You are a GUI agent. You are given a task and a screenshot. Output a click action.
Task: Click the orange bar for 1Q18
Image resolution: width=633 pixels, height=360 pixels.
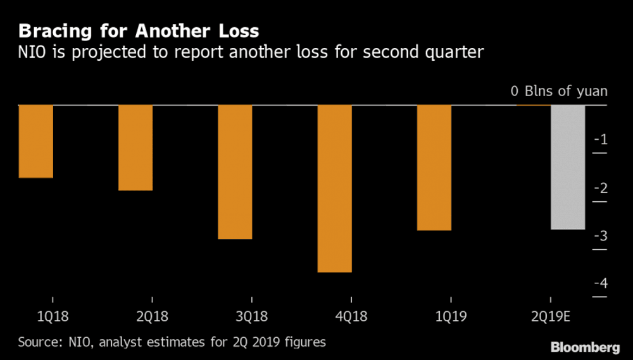35,141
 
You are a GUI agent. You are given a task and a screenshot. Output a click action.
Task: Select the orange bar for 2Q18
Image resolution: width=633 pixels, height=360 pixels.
135,147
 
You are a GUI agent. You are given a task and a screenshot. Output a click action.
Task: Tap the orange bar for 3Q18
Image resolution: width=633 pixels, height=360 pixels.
235,172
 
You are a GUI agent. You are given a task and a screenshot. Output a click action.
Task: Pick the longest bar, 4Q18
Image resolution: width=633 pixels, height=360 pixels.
334,189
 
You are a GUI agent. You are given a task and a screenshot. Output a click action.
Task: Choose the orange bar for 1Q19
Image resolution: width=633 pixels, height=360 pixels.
434,168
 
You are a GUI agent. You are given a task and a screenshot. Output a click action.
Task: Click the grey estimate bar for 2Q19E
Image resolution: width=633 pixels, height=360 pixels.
568,167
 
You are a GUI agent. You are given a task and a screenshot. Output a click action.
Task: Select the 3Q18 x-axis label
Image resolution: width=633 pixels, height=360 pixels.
251,316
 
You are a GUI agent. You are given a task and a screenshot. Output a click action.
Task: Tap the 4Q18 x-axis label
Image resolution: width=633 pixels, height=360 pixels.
351,316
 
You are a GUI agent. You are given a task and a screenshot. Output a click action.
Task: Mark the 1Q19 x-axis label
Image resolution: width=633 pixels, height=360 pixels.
450,316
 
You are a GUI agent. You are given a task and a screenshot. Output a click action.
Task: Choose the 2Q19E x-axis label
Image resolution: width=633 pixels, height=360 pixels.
550,316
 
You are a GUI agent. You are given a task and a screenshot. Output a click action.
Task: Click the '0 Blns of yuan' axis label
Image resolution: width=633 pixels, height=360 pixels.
559,91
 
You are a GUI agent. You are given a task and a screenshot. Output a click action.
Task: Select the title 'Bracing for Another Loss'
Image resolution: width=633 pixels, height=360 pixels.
137,30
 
